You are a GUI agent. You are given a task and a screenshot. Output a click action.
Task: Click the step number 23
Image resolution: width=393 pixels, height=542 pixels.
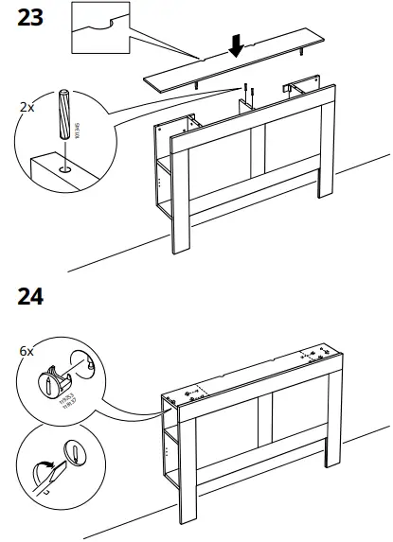click(30, 18)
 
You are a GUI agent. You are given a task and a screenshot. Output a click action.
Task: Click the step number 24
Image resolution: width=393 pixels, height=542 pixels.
click(30, 295)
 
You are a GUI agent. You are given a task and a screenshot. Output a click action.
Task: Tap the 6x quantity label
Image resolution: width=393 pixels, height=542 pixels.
click(27, 351)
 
